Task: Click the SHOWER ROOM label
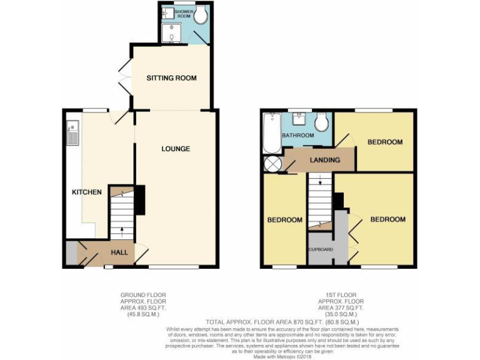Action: (x=183, y=13)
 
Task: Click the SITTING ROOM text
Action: (x=171, y=78)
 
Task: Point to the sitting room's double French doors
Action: (x=124, y=77)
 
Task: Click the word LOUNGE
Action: (x=175, y=149)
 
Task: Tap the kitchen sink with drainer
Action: (x=72, y=132)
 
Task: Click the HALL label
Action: (x=119, y=252)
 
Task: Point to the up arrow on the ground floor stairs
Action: (x=121, y=232)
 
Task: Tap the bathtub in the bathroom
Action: (x=272, y=132)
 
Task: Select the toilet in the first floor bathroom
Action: (x=321, y=122)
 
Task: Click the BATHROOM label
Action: (x=297, y=136)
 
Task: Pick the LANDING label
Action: (x=325, y=160)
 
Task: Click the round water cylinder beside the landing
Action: (x=272, y=164)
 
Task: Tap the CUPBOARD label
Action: (x=320, y=249)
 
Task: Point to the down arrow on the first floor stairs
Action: (x=319, y=182)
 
